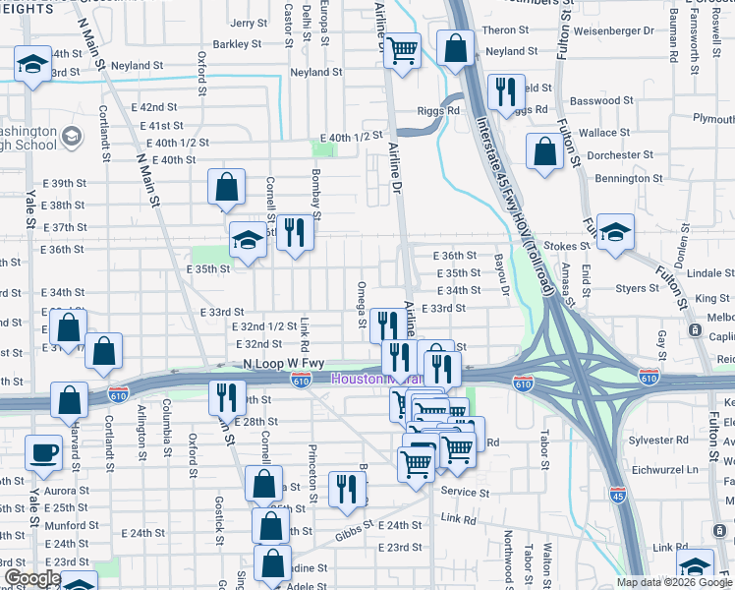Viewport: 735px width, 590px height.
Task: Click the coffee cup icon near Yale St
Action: tap(42, 453)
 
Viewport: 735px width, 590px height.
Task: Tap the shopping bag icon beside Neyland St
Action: tap(457, 48)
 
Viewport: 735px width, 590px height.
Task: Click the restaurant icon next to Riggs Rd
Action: tap(506, 92)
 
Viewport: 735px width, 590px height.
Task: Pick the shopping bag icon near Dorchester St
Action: tap(544, 152)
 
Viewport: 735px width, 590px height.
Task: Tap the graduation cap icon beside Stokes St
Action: tap(616, 233)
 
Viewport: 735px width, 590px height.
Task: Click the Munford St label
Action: tap(68, 525)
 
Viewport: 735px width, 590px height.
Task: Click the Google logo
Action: tap(32, 578)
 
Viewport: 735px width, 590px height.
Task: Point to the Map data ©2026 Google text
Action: tap(674, 582)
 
